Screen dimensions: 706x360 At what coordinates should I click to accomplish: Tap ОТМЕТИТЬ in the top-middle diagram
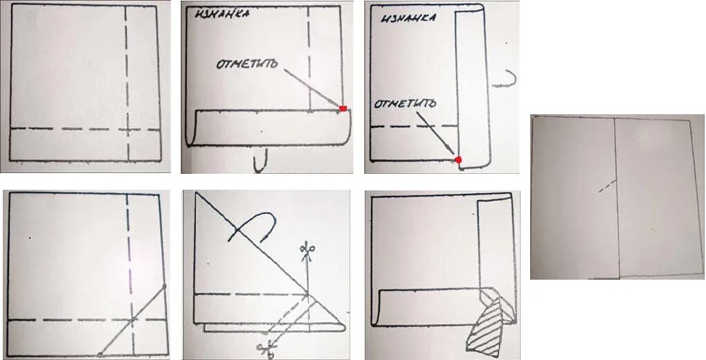(x=248, y=64)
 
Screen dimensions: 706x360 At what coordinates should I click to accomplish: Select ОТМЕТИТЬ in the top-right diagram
(x=405, y=104)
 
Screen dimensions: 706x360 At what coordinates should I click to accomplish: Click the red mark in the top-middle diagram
(x=343, y=108)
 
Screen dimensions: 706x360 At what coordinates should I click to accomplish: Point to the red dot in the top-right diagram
(x=458, y=160)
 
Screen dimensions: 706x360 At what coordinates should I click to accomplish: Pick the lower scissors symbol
(x=265, y=348)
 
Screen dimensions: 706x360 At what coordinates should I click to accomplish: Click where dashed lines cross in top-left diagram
(x=127, y=129)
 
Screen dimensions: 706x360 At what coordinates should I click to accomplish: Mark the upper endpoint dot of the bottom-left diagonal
(x=164, y=286)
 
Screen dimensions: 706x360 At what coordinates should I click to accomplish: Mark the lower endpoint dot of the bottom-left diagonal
(x=100, y=354)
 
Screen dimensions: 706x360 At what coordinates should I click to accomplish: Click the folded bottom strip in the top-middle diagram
(x=270, y=127)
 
